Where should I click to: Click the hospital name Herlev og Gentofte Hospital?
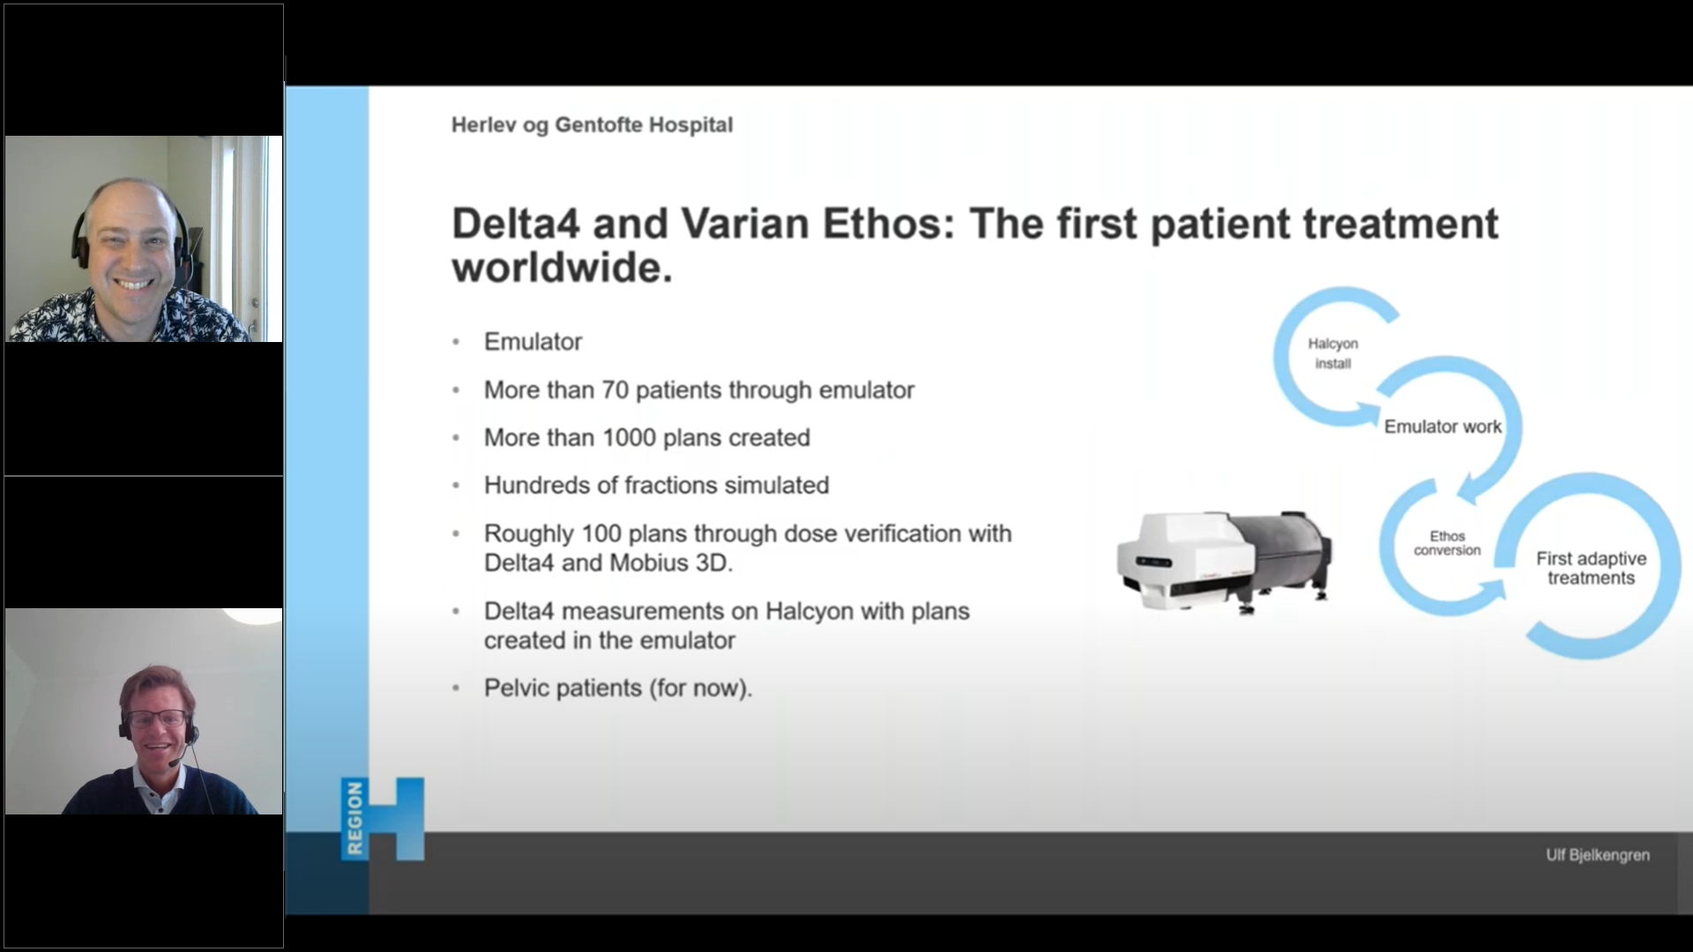(x=592, y=125)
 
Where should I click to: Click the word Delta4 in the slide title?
(x=516, y=224)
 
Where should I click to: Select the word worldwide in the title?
(x=562, y=267)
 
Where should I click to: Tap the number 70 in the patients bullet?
(x=615, y=390)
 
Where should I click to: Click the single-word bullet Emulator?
(x=533, y=341)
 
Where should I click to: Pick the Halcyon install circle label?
(x=1332, y=353)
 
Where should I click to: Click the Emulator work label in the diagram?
(x=1443, y=427)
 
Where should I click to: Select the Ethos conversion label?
(x=1447, y=543)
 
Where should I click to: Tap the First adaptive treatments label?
(x=1591, y=569)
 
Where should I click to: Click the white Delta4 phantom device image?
(x=1225, y=562)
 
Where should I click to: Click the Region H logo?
(x=383, y=819)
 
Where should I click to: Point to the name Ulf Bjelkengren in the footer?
(x=1597, y=855)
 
